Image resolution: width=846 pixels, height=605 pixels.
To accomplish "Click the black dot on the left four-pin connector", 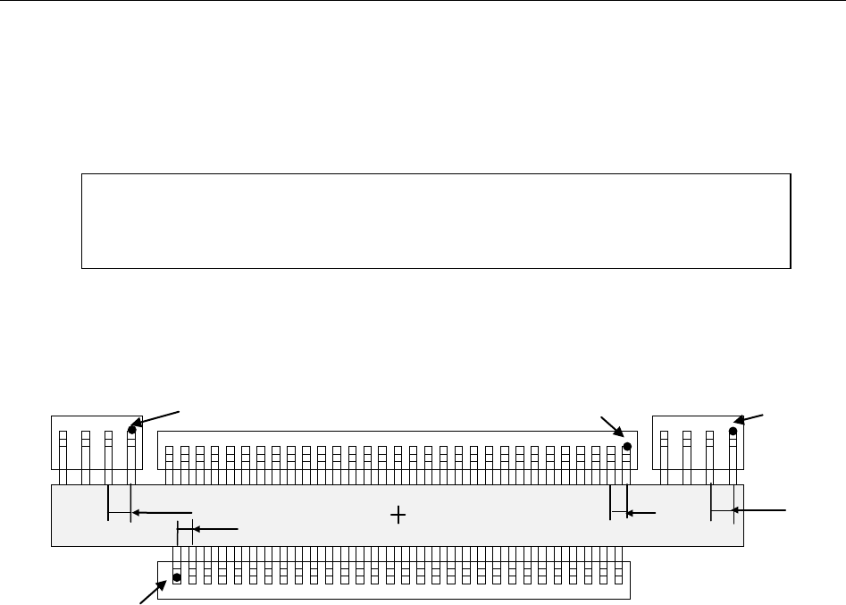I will tap(131, 430).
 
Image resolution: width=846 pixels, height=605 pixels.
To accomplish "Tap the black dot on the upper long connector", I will tap(627, 446).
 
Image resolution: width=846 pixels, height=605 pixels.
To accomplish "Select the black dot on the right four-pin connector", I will tap(733, 431).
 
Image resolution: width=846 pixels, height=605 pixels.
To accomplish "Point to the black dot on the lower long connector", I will tap(177, 577).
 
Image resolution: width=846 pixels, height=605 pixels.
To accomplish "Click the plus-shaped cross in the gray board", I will tap(398, 515).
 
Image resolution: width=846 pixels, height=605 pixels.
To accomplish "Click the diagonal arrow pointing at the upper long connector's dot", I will tap(612, 426).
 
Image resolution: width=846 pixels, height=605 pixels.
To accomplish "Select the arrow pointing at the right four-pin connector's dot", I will tap(751, 418).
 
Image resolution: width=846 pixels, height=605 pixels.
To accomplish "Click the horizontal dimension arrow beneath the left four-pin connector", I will tap(161, 513).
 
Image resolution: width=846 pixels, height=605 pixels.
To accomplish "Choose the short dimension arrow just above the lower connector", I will tap(214, 530).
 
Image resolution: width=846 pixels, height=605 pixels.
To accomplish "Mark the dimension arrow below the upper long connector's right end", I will tap(641, 513).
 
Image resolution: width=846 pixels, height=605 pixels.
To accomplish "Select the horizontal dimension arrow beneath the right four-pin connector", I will tap(759, 510).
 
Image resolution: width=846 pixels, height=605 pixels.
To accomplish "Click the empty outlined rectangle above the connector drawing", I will tap(436, 221).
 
